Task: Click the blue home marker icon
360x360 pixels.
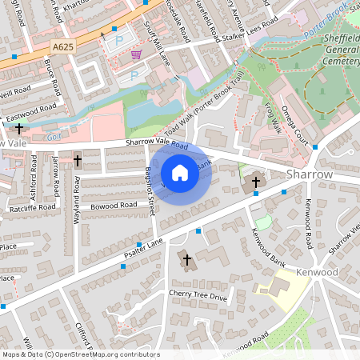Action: click(x=180, y=173)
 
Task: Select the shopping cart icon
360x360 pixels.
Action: click(x=136, y=55)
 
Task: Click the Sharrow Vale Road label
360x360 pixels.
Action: click(x=156, y=144)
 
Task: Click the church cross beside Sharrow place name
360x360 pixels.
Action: click(x=256, y=182)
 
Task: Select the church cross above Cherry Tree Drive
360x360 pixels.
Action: click(x=186, y=259)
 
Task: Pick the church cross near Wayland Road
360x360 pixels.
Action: click(x=77, y=161)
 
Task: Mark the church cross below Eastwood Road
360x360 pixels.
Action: click(x=19, y=128)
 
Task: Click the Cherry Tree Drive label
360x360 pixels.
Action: click(x=198, y=296)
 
